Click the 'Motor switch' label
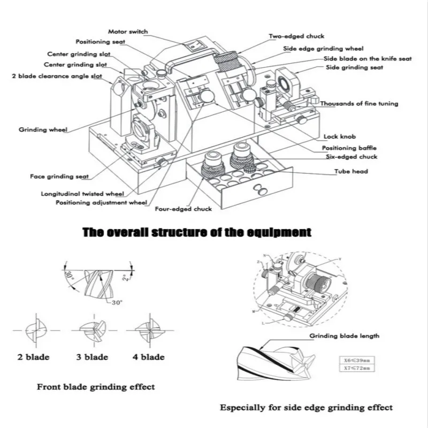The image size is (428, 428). [127, 32]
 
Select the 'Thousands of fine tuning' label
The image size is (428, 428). [360, 103]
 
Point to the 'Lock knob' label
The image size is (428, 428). [339, 137]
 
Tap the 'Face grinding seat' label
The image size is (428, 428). [59, 175]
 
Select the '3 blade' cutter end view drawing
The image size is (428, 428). [92, 333]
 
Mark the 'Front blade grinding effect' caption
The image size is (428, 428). [96, 386]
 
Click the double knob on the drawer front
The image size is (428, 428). [262, 190]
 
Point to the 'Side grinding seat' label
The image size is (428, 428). [354, 68]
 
